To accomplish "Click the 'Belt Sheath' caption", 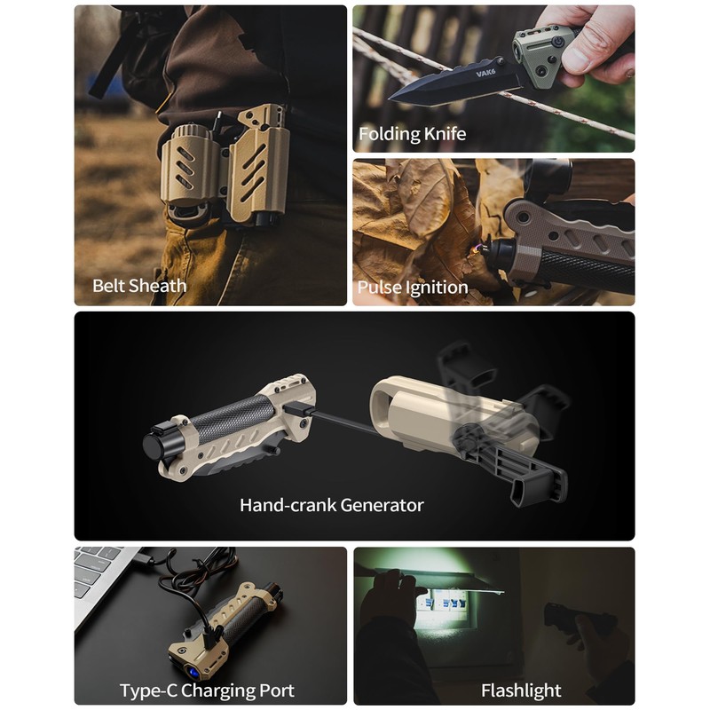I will click(139, 286).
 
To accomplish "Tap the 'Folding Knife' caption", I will click(412, 135).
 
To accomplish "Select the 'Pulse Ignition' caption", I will click(412, 288).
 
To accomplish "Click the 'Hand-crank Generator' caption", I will click(332, 505).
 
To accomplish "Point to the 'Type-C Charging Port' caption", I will click(207, 690).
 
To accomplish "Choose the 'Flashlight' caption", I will click(521, 690).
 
